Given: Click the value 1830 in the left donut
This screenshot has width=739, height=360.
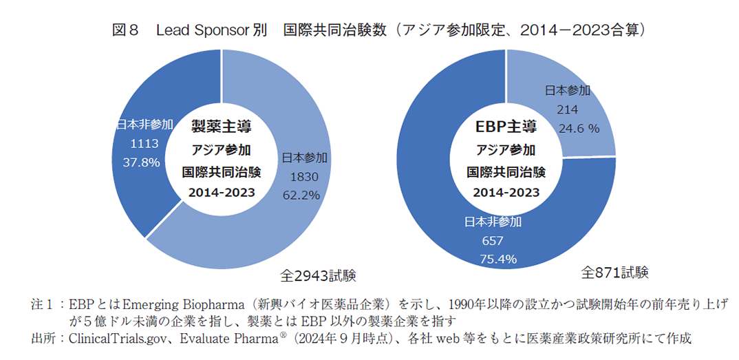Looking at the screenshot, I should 301,176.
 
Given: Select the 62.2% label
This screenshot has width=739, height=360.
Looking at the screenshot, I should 301,195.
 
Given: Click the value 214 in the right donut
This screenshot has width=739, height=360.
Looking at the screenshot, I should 568,109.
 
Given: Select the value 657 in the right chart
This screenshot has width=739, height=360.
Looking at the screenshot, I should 493,241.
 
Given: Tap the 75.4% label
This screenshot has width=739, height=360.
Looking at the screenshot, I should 493,259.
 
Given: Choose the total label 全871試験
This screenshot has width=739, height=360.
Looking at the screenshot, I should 614,272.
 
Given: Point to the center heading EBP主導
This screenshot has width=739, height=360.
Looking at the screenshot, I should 506,127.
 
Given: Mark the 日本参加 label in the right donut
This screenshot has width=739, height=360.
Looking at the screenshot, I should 568,90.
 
